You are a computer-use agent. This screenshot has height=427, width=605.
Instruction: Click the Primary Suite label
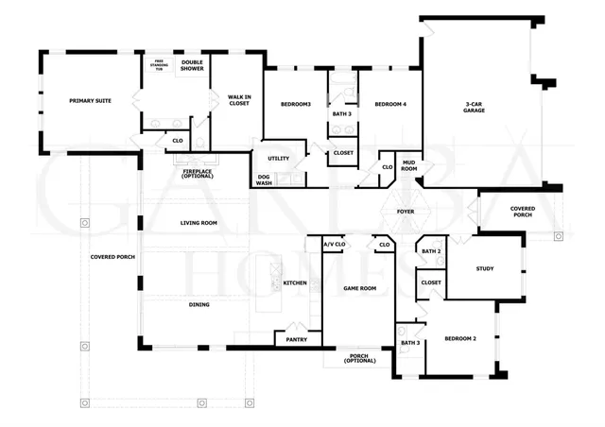[x=90, y=99]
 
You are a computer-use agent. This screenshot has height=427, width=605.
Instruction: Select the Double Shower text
[x=192, y=65]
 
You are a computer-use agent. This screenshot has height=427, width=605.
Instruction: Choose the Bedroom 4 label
[x=389, y=104]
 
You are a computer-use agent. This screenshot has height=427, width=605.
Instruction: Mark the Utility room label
[x=278, y=158]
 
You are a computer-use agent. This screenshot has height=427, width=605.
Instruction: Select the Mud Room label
[x=408, y=165]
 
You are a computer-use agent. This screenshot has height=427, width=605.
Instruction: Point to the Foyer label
[x=406, y=212]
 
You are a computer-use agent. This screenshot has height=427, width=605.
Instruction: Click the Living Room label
[x=199, y=223]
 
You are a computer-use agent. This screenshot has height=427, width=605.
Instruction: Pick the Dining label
[x=199, y=304]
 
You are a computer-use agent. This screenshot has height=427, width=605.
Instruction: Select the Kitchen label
[x=295, y=282]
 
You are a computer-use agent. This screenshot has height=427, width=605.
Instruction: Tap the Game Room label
[x=358, y=288]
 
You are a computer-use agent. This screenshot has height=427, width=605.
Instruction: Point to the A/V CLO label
[x=334, y=245]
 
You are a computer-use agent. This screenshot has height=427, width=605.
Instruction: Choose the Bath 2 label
[x=431, y=251]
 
